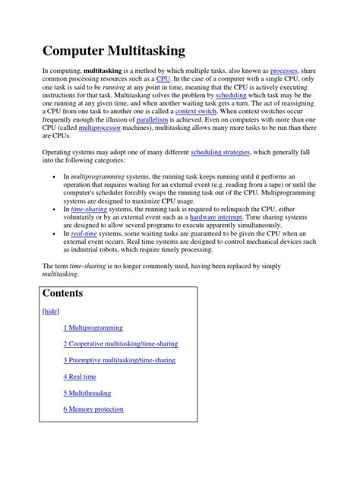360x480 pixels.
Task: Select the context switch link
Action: point(196,131)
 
